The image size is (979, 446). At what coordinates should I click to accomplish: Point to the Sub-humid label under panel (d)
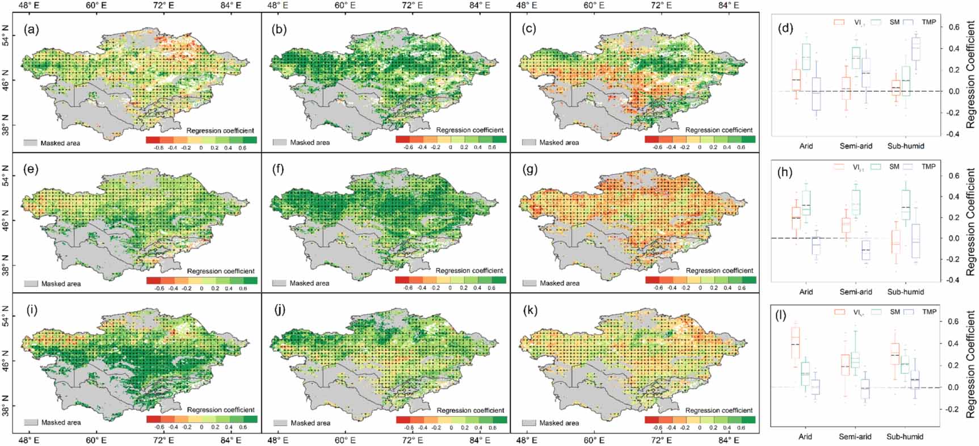click(905, 146)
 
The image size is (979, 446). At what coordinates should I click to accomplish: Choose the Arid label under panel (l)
click(805, 436)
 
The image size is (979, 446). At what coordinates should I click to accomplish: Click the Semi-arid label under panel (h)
click(855, 292)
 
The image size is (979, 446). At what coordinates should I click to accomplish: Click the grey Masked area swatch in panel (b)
click(279, 142)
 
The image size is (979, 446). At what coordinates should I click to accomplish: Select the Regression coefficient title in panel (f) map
click(469, 271)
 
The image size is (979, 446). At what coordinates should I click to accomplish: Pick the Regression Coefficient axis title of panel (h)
click(971, 221)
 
